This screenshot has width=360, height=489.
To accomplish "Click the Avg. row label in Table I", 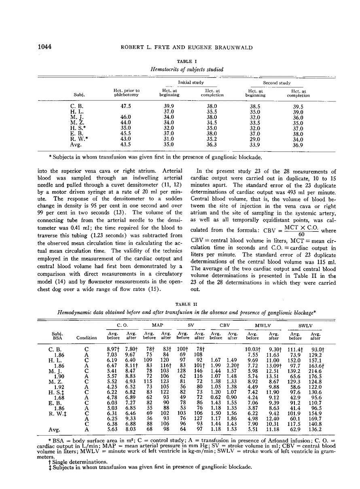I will (x=76, y=144).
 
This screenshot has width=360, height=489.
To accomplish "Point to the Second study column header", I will (x=277, y=83).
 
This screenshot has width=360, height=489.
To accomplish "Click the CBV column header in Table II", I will (x=224, y=324).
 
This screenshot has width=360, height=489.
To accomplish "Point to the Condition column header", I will (x=86, y=337).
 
